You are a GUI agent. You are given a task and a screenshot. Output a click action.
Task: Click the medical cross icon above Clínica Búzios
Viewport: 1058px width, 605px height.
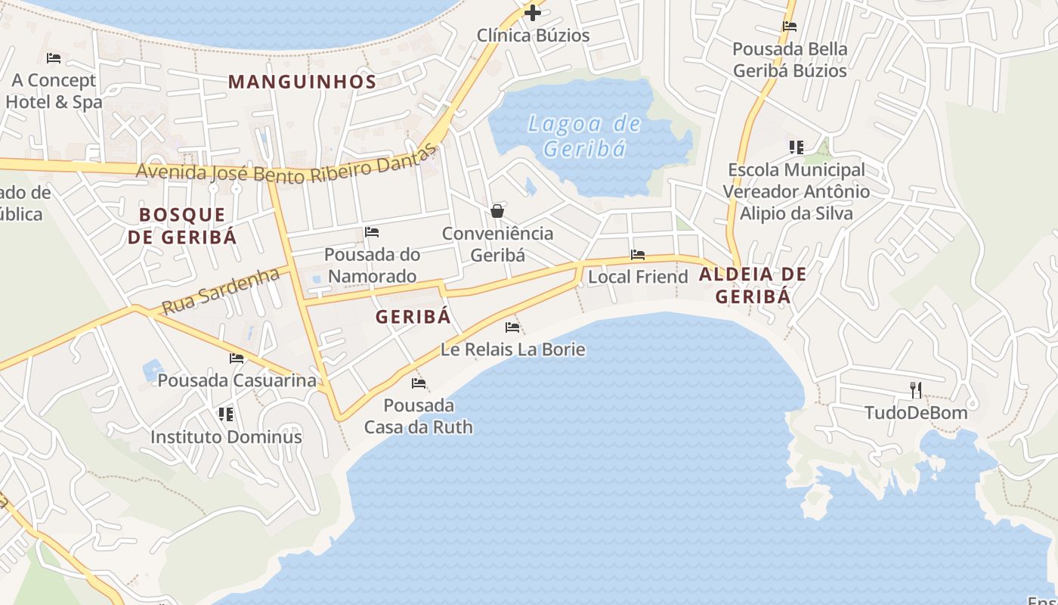coord(533,13)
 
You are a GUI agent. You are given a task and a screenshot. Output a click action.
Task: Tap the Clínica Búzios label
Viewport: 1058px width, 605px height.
coord(533,36)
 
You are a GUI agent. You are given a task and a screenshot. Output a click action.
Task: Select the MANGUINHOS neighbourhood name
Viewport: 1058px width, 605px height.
coord(302,82)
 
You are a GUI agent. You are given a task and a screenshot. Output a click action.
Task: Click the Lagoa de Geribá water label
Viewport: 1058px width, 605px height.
coord(584,136)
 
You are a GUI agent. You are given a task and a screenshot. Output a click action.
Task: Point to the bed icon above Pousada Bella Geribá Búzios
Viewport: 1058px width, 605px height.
coord(790,26)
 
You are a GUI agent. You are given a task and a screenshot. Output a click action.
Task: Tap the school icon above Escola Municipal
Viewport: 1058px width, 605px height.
coord(796,147)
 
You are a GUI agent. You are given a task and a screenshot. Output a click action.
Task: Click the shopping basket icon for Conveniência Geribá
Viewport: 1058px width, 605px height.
coord(497,211)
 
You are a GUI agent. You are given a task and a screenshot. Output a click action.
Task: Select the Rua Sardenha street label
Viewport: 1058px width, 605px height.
coord(221,291)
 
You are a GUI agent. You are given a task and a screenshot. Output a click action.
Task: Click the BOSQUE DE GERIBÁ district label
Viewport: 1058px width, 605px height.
coord(182,225)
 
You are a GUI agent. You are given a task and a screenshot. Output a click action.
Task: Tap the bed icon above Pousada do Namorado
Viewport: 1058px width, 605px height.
coord(371,232)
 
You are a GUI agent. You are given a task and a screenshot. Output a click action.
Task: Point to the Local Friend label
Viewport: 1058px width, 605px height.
coord(638,277)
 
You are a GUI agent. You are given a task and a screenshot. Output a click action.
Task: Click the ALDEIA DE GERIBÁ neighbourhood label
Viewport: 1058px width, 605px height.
coord(753,284)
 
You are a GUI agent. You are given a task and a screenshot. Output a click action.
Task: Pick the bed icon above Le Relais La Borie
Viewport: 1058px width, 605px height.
coord(512,327)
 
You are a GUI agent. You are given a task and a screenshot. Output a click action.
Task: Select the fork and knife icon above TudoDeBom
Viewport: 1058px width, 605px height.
coord(916,390)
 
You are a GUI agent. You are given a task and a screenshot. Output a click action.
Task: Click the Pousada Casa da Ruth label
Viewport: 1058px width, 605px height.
coord(419,416)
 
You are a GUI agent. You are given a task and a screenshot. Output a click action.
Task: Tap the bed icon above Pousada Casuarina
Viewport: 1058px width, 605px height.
coord(237,358)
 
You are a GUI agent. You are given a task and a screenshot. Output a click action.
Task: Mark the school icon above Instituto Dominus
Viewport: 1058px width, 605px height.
coord(225,414)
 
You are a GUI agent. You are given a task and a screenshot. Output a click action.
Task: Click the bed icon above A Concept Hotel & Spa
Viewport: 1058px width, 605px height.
coord(53,57)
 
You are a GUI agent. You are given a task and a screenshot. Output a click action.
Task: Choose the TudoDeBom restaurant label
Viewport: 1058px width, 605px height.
coord(916,413)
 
